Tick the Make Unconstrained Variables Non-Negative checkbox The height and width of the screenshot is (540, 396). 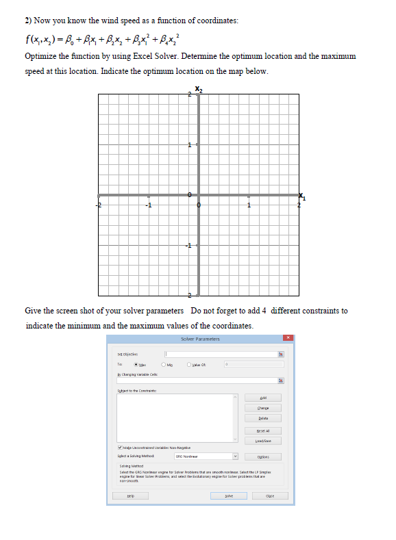point(119,446)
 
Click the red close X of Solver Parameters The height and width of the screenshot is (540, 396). point(289,338)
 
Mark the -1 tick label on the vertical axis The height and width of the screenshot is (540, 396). point(190,247)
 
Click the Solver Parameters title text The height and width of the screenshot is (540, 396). point(199,339)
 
